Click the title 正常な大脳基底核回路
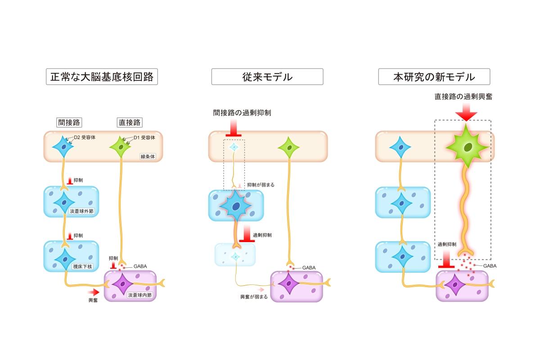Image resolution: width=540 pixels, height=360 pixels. (102, 77)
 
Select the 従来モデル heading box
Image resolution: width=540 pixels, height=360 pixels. (267, 77)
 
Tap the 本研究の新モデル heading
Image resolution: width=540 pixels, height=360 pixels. (434, 77)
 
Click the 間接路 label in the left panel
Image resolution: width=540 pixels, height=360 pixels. (69, 122)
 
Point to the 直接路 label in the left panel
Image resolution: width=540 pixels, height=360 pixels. (129, 122)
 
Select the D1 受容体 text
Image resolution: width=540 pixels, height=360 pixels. (144, 138)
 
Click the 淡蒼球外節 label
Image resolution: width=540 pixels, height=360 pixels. (81, 211)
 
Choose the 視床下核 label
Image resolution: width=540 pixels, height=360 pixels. (82, 267)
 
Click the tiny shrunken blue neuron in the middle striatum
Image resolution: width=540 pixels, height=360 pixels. (234, 147)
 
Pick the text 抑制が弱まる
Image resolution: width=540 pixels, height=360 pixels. (261, 185)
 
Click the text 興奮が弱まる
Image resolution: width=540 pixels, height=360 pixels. (254, 297)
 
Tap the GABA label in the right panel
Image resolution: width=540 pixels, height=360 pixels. (490, 266)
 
